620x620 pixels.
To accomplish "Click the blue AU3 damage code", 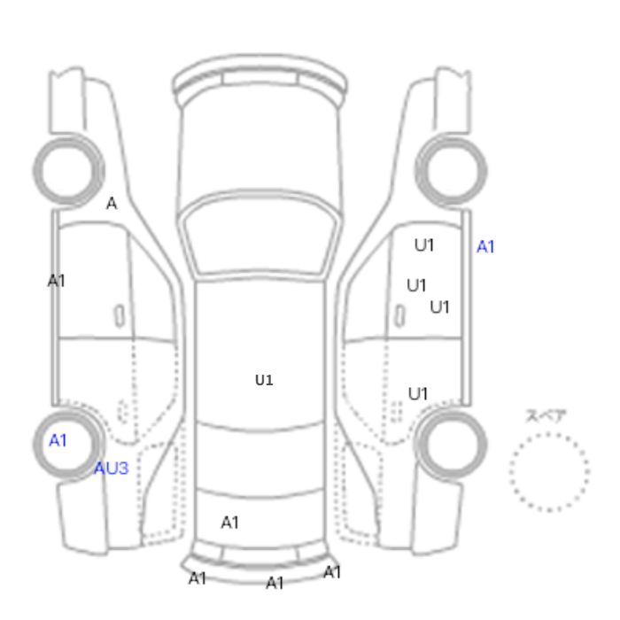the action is tap(112, 469).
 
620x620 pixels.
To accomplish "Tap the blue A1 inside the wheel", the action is tap(58, 440).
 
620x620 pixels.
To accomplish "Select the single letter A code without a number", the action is tap(112, 204).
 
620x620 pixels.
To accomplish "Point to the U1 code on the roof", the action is tap(264, 380).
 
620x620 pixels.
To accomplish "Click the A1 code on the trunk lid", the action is tap(229, 523).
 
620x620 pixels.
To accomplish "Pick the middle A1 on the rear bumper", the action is tap(275, 583).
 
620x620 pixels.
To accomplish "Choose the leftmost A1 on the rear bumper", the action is tap(198, 579).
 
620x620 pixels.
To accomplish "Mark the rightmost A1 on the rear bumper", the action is tap(332, 572).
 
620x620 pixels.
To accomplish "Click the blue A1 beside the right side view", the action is tap(485, 247).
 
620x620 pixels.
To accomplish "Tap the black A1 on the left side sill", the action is tap(56, 281).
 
